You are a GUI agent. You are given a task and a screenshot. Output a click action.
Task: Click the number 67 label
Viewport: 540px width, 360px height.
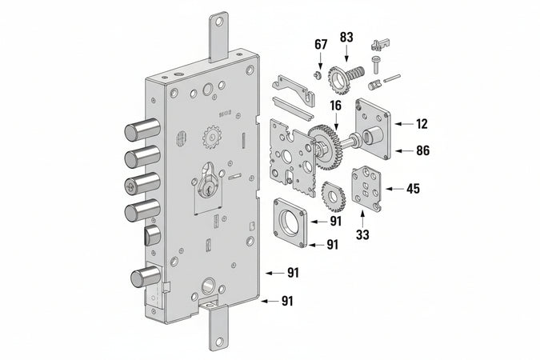pyautogui.click(x=320, y=45)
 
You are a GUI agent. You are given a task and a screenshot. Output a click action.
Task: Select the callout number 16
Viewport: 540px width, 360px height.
pyautogui.click(x=335, y=104)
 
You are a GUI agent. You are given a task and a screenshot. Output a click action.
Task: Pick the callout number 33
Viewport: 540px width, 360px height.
pyautogui.click(x=362, y=235)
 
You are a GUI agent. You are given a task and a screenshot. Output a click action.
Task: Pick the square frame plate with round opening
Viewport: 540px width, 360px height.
pyautogui.click(x=291, y=218)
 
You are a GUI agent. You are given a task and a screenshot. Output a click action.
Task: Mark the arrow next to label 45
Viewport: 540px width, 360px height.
pyautogui.click(x=392, y=190)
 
